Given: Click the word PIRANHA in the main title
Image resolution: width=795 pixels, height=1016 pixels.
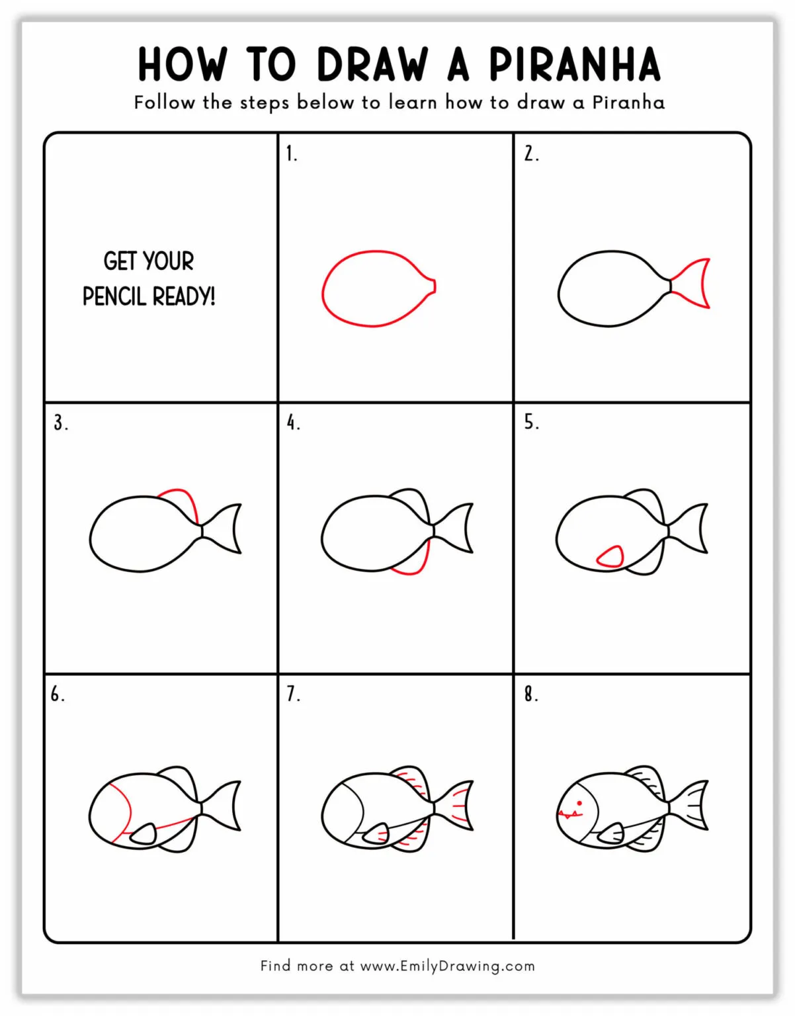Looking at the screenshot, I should tap(574, 64).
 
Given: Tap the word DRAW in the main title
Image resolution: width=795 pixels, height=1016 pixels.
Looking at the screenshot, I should tap(372, 64).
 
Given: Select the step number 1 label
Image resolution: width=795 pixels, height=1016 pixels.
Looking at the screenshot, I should tap(291, 154).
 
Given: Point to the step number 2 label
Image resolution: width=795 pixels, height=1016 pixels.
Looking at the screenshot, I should tap(530, 154).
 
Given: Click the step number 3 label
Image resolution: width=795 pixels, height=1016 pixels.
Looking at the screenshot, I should tap(60, 423).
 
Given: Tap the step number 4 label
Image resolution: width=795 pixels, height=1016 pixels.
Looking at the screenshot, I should tap(293, 423).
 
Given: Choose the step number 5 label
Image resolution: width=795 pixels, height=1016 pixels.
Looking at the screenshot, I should tap(531, 423).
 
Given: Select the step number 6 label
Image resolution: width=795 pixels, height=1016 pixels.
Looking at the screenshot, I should tap(58, 694).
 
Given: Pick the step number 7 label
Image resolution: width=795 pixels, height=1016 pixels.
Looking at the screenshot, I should tap(293, 694).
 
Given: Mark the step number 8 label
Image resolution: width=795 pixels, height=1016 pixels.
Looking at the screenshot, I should tap(530, 694).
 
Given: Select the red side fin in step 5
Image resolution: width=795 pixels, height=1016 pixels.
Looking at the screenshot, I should tap(610, 557).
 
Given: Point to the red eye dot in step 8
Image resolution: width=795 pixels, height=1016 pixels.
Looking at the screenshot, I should tap(579, 803).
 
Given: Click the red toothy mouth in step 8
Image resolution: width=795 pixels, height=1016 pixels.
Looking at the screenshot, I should tap(569, 814).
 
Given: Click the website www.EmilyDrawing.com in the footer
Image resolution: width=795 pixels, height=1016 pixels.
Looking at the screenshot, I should tap(447, 966).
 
